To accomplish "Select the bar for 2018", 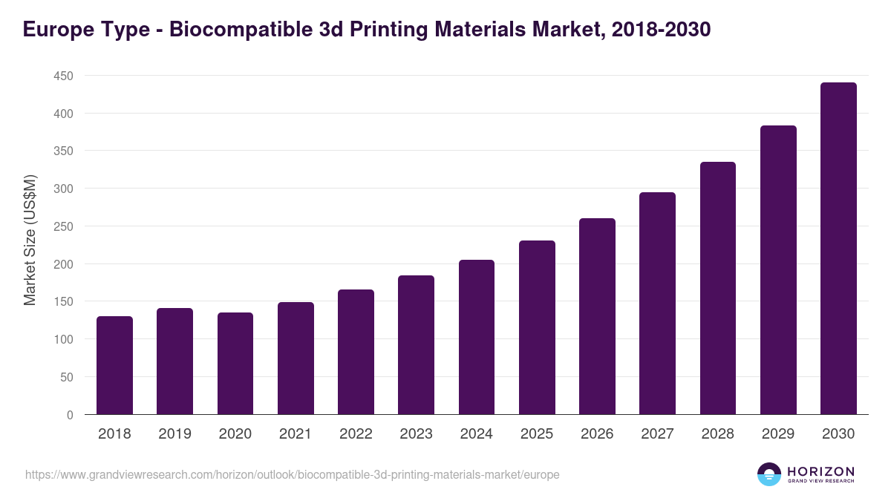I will (x=114, y=365).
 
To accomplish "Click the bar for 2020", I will (x=235, y=364).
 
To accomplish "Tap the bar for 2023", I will (x=416, y=345).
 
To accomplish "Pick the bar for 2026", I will (x=597, y=316).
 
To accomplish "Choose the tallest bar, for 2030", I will (x=838, y=249).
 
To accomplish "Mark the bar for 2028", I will (x=718, y=288).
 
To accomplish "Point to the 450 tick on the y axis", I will (x=63, y=76).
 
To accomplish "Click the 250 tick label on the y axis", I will (x=63, y=226).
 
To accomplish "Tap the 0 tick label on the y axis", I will (x=70, y=415).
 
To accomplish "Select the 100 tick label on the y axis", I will (x=63, y=339).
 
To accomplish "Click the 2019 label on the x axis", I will (x=175, y=434).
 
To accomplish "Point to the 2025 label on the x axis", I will (x=537, y=434).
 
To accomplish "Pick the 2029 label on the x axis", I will (x=778, y=434).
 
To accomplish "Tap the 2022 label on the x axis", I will (x=356, y=434).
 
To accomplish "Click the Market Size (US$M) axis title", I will (x=30, y=239).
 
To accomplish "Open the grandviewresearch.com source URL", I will (x=292, y=474).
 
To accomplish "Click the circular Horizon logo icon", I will (x=769, y=474).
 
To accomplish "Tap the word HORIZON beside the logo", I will (x=820, y=471).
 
